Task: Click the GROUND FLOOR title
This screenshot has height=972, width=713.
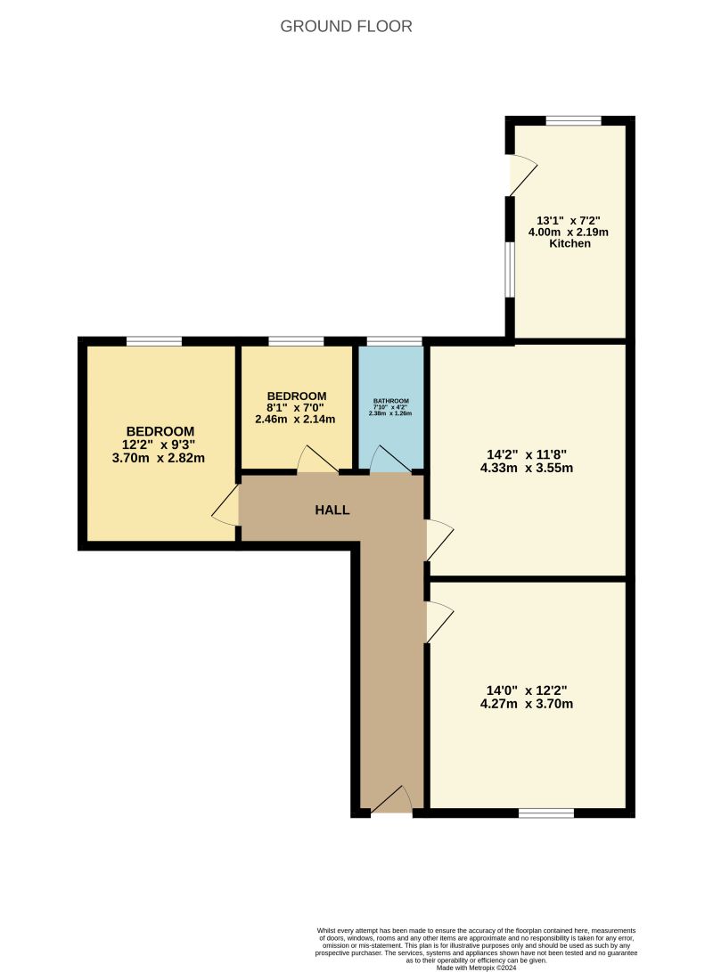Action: coord(346,27)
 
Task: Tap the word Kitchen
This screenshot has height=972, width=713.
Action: coord(570,243)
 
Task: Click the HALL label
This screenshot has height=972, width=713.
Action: coord(332,511)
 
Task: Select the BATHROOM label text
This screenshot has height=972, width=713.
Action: coord(391,401)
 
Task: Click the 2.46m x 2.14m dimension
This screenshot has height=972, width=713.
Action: coord(297,419)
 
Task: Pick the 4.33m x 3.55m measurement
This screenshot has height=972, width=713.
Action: coord(524,467)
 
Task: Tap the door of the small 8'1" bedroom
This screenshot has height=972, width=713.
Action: coord(316,460)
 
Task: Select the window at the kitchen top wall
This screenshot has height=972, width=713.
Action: coord(573,120)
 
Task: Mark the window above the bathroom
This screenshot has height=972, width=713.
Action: coord(394,341)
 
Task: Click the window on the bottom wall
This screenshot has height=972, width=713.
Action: coord(545,813)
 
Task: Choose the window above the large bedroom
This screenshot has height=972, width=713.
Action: coord(154,341)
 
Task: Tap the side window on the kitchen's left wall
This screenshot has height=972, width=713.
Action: coord(510,269)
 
